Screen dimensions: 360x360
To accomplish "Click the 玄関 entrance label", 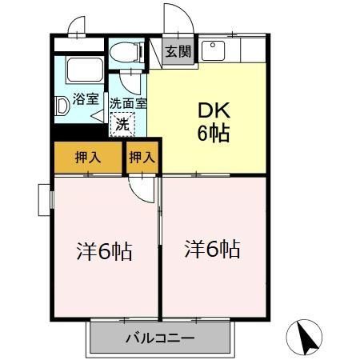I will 178,53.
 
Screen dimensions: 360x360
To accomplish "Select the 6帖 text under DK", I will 214,133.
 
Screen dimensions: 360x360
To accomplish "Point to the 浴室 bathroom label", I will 86,99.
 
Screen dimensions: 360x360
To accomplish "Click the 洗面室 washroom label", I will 128,103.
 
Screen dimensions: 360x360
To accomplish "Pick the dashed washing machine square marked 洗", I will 122,125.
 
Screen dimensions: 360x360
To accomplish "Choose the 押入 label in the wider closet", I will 88,157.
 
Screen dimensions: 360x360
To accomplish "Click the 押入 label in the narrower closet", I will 142,157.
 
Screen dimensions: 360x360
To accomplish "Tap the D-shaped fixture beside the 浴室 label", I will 62,103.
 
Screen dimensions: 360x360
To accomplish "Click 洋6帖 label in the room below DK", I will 214,249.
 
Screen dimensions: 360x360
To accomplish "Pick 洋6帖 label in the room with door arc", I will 104,250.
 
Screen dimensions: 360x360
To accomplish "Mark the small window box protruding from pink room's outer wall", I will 43,198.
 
